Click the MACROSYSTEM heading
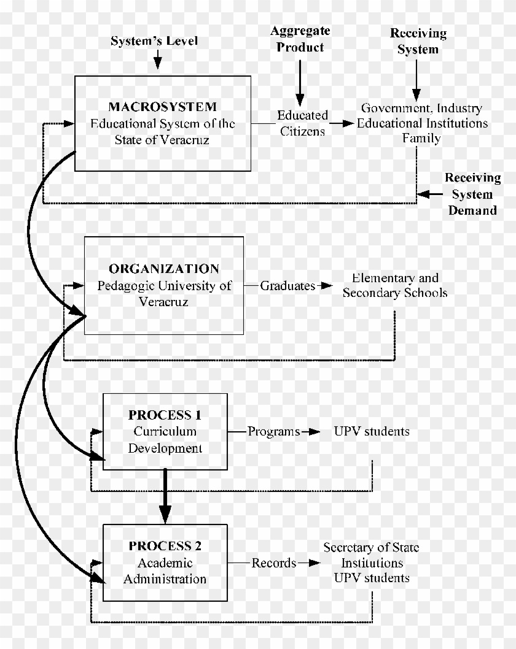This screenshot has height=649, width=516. [x=163, y=106]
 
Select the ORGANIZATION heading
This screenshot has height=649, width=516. [x=164, y=269]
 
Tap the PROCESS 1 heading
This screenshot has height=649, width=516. [x=165, y=415]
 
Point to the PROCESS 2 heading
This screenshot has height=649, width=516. [x=165, y=546]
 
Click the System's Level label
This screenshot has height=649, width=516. [x=155, y=41]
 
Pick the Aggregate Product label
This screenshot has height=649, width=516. [x=300, y=39]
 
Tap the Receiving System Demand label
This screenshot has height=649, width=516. [x=472, y=194]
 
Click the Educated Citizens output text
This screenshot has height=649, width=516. [x=302, y=123]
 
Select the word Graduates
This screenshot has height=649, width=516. [x=287, y=285]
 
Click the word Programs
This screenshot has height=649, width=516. [x=274, y=431]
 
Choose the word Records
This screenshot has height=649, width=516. [x=274, y=563]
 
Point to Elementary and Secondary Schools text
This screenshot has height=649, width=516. [x=395, y=285]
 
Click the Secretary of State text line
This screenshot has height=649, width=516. [x=372, y=547]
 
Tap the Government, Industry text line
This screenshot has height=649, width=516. [x=421, y=109]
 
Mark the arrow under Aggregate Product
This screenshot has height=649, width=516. [x=300, y=83]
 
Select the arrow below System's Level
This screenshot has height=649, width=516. [x=158, y=60]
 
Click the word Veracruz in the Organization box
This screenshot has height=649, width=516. [x=163, y=302]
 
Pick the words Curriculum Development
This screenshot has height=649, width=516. [x=165, y=439]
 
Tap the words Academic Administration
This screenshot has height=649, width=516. [x=165, y=570]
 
